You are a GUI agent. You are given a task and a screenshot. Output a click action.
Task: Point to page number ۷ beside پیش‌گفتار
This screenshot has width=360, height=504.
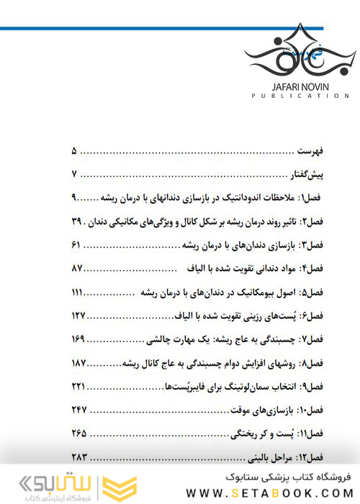tap(75, 175)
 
